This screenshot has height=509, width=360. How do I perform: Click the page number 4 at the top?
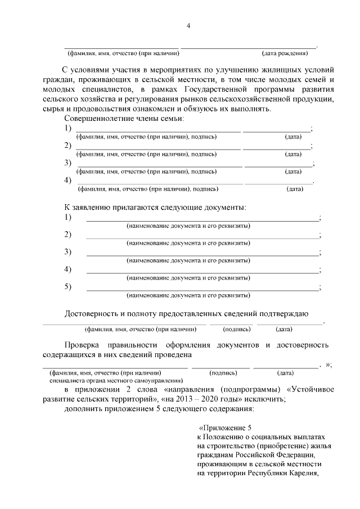(189, 26)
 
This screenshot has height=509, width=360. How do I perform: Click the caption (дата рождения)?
(285, 54)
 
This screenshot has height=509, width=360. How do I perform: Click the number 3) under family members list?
(68, 163)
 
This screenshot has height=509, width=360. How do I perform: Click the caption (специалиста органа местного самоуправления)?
(113, 380)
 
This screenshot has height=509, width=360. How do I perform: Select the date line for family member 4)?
(278, 183)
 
